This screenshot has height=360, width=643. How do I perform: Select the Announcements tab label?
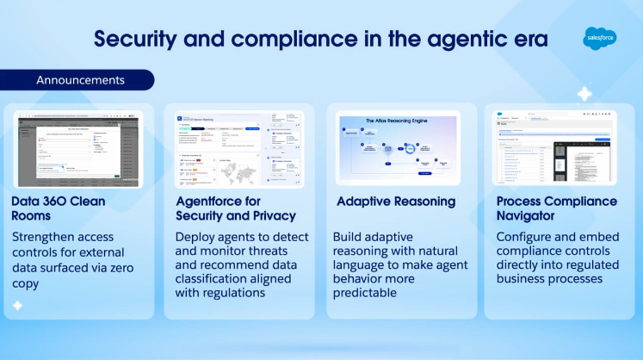point(80,80)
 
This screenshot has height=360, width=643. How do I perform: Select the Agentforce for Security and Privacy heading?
point(235,208)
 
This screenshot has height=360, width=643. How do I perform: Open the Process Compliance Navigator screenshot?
point(554,147)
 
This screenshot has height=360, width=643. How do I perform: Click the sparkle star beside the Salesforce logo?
point(584,94)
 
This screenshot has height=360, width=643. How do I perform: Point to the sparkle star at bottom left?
point(17,305)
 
